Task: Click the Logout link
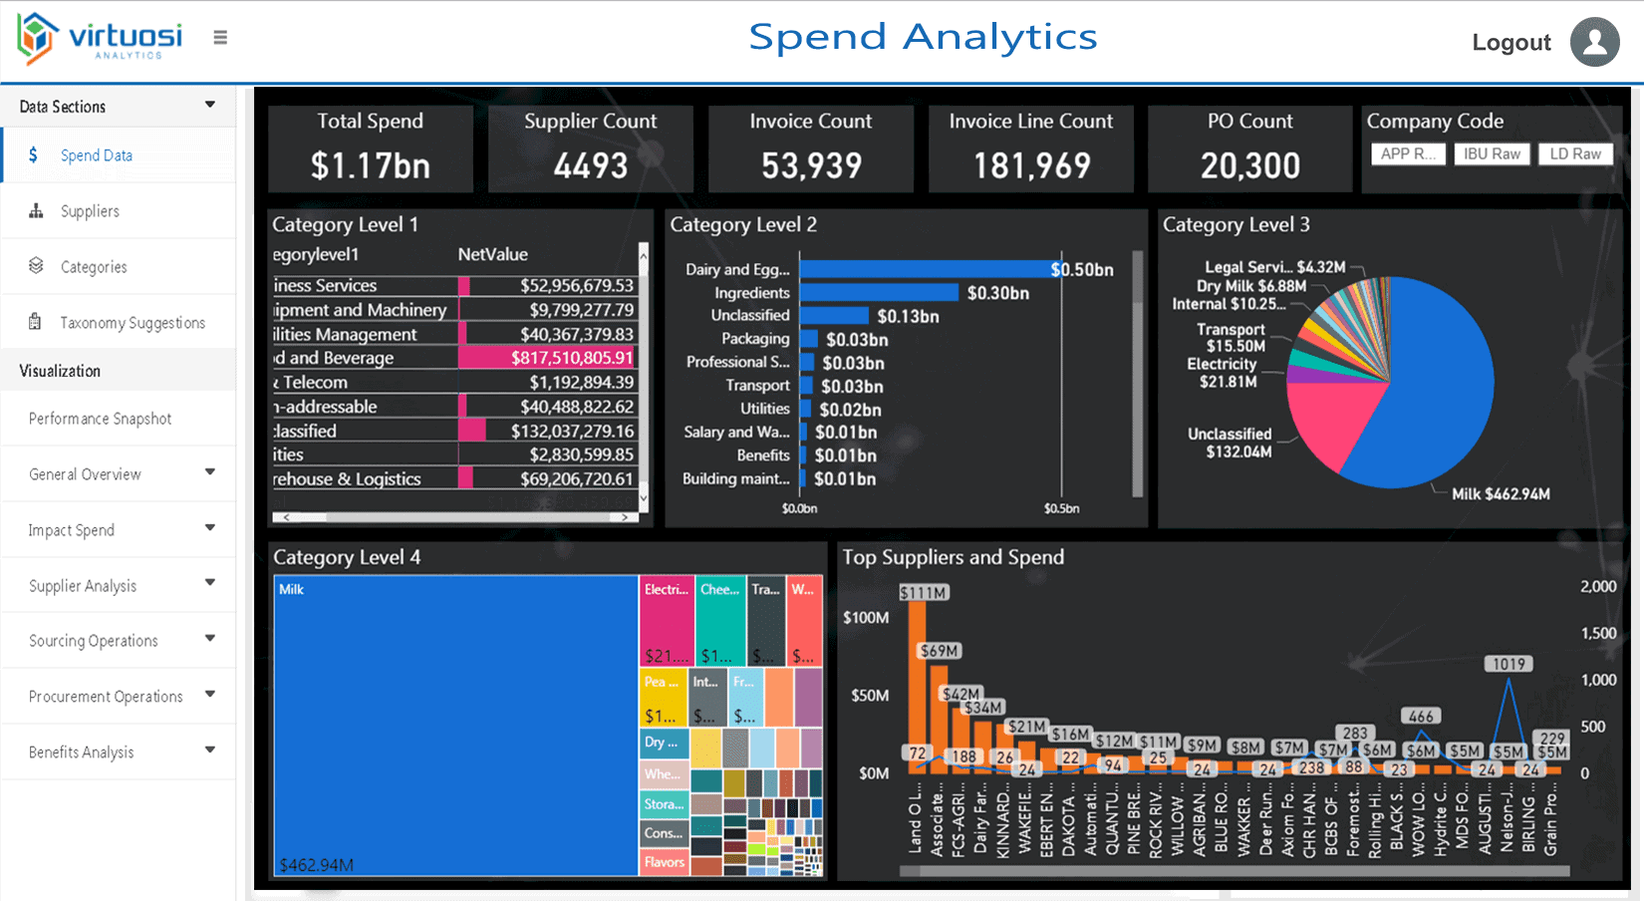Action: tap(1510, 43)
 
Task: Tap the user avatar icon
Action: tap(1594, 42)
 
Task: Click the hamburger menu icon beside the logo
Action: tap(220, 38)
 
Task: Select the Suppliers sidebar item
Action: tap(90, 211)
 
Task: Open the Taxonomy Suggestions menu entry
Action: tap(132, 323)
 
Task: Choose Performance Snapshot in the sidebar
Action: tap(100, 419)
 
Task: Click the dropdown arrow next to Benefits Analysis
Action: tap(209, 751)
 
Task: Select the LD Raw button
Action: tap(1574, 153)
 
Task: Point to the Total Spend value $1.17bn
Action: tap(370, 165)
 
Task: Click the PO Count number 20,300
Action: tap(1249, 165)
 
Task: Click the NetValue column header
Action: tap(492, 254)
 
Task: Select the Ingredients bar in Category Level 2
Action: tap(878, 292)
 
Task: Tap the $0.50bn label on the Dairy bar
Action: tap(1082, 269)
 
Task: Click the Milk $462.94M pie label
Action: tap(1500, 493)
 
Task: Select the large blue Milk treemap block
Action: tap(455, 725)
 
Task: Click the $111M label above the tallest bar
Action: tap(924, 592)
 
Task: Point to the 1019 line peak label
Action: tap(1508, 664)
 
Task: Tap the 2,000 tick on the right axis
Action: tap(1597, 586)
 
